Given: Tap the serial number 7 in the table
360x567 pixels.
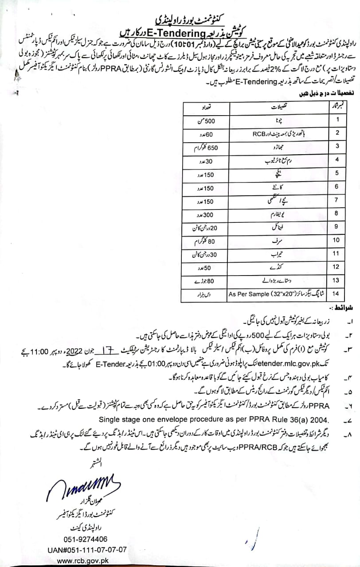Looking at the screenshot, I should pyautogui.click(x=337, y=200).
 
